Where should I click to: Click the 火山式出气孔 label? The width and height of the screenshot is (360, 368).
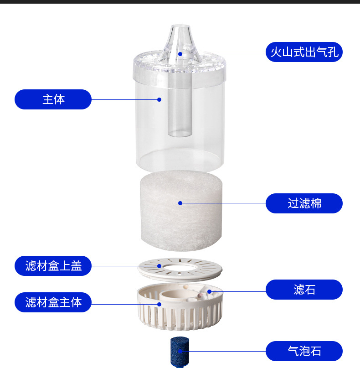click(304, 52)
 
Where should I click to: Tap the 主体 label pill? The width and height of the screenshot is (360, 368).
click(53, 99)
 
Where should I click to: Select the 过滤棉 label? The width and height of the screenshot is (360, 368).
click(304, 203)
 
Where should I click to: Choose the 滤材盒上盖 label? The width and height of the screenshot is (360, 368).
click(53, 266)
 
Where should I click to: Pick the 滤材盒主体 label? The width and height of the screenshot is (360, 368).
click(53, 302)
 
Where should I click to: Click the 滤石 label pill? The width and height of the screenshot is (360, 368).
click(304, 290)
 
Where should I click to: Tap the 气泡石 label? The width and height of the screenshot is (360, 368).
click(304, 351)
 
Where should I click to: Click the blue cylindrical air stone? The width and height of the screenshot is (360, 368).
click(180, 351)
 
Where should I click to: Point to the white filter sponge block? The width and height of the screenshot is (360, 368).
click(181, 211)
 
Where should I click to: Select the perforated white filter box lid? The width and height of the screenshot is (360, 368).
click(180, 270)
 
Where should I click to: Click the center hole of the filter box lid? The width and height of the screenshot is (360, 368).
click(180, 267)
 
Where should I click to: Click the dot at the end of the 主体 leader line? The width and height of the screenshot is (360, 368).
click(159, 99)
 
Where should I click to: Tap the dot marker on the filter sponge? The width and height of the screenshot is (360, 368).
click(180, 203)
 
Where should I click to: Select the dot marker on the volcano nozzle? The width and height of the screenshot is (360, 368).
click(180, 54)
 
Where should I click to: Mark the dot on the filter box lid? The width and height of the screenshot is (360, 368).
click(159, 266)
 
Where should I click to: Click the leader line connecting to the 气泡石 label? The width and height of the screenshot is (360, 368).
click(223, 351)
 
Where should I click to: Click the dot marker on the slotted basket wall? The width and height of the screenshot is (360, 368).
click(159, 305)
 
